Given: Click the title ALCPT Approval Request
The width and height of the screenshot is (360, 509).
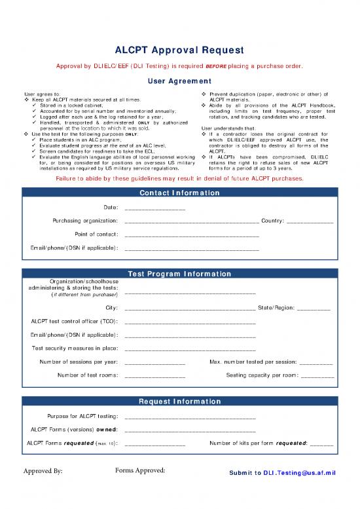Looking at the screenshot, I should tap(179, 50).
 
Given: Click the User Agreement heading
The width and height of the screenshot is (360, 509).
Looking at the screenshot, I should tap(179, 81).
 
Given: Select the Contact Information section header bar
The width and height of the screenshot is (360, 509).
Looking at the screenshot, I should tap(179, 193).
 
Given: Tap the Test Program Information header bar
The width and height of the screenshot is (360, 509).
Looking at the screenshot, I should tap(179, 273).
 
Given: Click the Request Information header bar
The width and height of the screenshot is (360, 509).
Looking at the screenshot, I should tap(179, 402).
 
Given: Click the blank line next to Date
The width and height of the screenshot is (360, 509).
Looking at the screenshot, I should tap(154, 209).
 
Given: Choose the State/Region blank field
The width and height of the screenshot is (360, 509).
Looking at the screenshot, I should tap(314, 309).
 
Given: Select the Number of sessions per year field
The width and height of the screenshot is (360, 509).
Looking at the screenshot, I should tap(154, 362).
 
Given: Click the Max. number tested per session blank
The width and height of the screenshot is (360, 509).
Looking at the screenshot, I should tap(317, 362).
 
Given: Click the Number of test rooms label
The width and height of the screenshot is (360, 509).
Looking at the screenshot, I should tap(88, 375).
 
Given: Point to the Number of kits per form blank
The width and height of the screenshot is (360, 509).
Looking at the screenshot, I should tap(321, 445).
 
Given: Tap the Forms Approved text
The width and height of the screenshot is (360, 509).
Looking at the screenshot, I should tap(140, 470).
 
